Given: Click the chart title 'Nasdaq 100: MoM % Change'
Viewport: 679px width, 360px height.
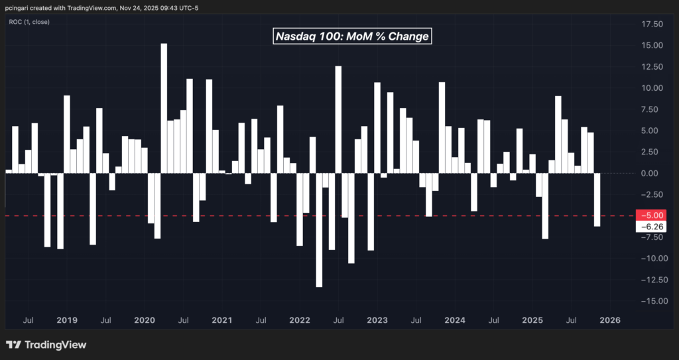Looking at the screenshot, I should pyautogui.click(x=353, y=36).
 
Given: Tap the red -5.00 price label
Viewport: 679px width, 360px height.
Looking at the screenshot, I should pyautogui.click(x=650, y=215).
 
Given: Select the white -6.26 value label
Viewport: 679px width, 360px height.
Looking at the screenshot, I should pyautogui.click(x=650, y=227).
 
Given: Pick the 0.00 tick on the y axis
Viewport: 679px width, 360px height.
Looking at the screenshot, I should pyautogui.click(x=652, y=173).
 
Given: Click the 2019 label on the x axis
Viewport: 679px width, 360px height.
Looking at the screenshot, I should pyautogui.click(x=67, y=321).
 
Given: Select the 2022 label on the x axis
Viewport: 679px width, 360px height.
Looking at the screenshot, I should pyautogui.click(x=299, y=321).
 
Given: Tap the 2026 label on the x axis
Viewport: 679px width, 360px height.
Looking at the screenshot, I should pyautogui.click(x=609, y=321).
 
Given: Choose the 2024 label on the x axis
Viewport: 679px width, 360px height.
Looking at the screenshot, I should pyautogui.click(x=454, y=321).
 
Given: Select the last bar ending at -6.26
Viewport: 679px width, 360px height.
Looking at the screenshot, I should pyautogui.click(x=597, y=200).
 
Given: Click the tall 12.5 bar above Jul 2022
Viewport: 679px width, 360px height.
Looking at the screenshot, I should pyautogui.click(x=338, y=119).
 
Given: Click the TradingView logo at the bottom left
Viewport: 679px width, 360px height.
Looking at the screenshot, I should pyautogui.click(x=46, y=345).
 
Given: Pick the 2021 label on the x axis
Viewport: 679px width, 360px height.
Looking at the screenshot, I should pyautogui.click(x=221, y=321).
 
